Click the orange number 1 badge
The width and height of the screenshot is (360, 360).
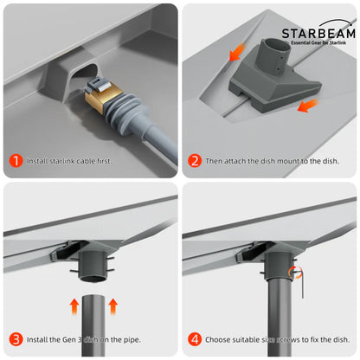click(16, 161)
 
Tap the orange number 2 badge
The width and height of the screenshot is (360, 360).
click(196, 161)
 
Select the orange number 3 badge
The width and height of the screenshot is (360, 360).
click(16, 338)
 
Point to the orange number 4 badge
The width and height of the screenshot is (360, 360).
click(196, 338)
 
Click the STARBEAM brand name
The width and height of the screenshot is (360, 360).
click(318, 33)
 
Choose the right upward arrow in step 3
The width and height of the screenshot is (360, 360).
click(112, 305)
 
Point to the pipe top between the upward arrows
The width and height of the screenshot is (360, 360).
click(93, 299)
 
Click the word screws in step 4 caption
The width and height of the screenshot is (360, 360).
click(285, 338)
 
